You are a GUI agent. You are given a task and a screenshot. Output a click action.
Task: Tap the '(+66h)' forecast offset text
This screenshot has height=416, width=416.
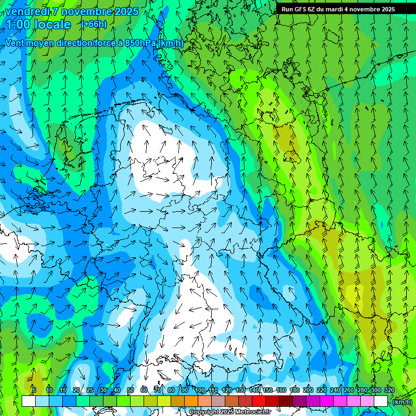[x=94, y=24]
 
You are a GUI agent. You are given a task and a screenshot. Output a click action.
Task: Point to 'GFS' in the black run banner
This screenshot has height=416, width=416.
[x=299, y=9]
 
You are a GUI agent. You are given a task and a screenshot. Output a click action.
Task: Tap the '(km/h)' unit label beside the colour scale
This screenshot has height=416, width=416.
[x=401, y=401]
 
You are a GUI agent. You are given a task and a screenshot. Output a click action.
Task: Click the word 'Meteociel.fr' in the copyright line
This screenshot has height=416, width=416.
[x=251, y=412]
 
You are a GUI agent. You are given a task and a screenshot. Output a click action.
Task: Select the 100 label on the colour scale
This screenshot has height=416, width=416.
[x=200, y=391]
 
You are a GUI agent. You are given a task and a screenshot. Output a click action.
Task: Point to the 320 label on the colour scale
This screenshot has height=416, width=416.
[x=389, y=391]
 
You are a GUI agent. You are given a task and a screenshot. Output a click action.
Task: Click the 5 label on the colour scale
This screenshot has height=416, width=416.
[x=34, y=391]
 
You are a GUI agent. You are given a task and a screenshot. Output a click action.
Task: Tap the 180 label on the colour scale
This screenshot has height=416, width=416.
[x=295, y=391]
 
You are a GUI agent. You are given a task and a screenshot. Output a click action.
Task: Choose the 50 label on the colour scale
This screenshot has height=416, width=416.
[x=131, y=391]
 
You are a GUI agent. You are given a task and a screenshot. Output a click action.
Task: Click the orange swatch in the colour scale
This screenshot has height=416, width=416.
[x=191, y=401]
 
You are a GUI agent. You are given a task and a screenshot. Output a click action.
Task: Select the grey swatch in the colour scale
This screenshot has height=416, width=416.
[x=218, y=401]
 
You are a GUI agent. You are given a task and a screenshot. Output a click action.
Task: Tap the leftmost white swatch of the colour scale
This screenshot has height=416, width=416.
[x=29, y=401]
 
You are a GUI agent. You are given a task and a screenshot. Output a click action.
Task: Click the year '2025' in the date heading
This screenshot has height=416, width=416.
[x=126, y=11]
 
